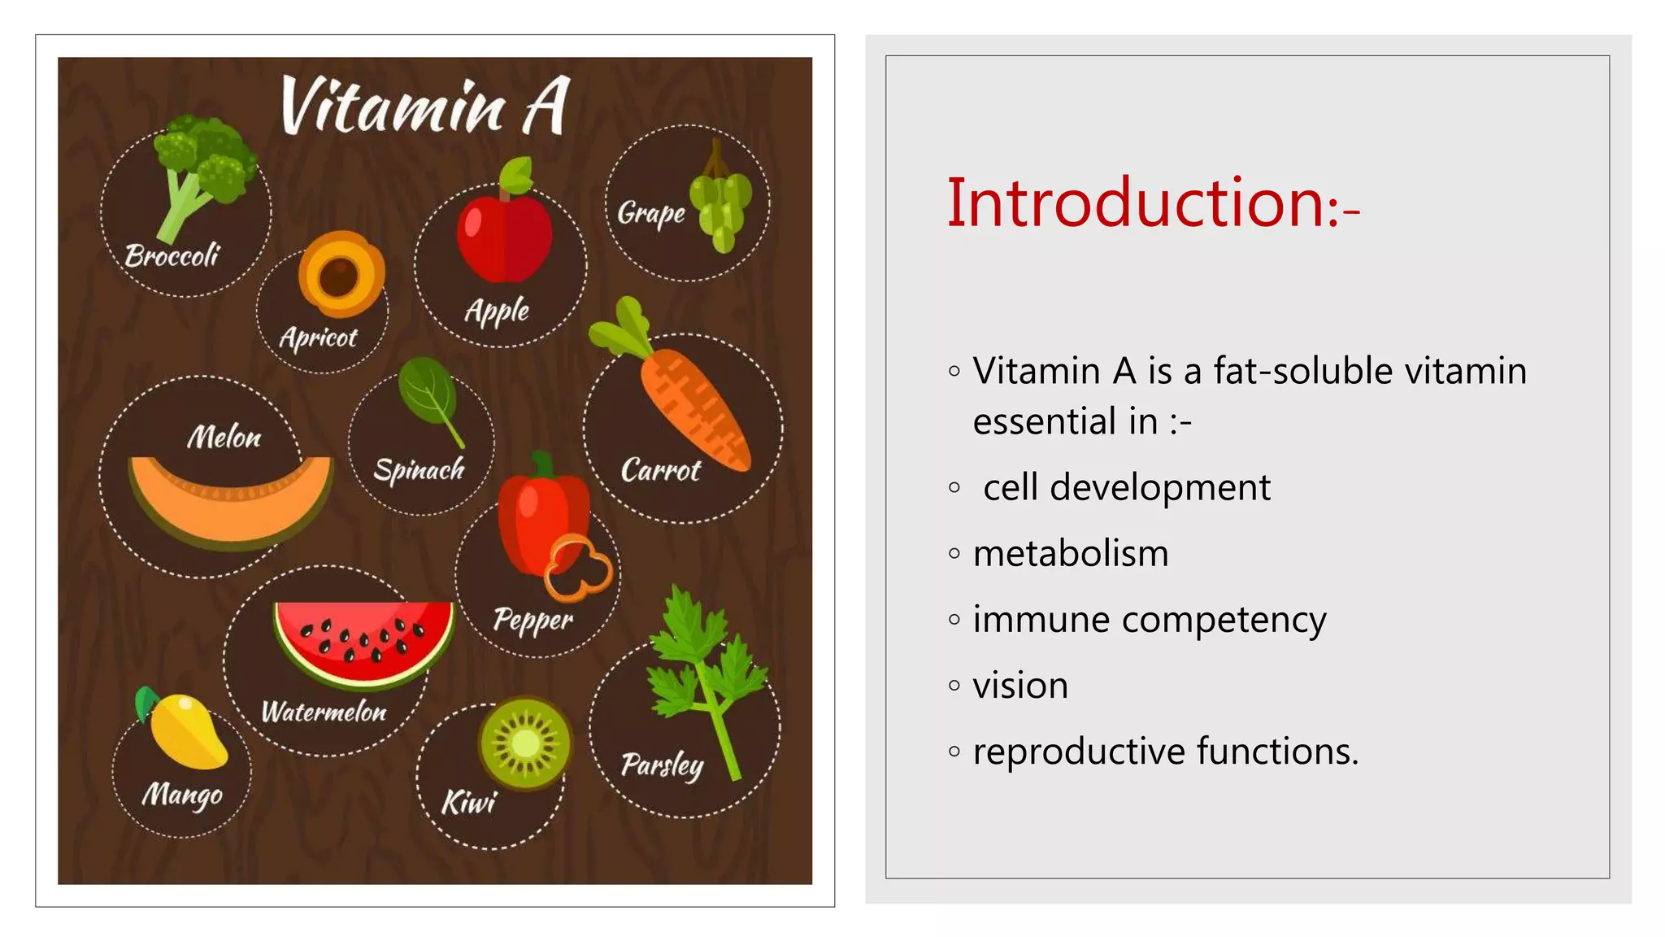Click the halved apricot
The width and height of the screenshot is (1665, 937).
coord(341,274)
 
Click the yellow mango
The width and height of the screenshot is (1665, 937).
coord(188,731)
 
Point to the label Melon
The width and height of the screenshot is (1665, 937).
coord(224,438)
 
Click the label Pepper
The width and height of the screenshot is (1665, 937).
coord(533,621)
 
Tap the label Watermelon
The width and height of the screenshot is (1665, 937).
coord(324,713)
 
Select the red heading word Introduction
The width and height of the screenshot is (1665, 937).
coord(1137,203)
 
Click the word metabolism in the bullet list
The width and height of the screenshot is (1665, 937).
coord(1071,554)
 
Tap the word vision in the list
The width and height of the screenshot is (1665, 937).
coord(1020,686)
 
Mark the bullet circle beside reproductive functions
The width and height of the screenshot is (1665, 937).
coord(954,752)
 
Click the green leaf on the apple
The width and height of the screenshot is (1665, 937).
coord(516,174)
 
